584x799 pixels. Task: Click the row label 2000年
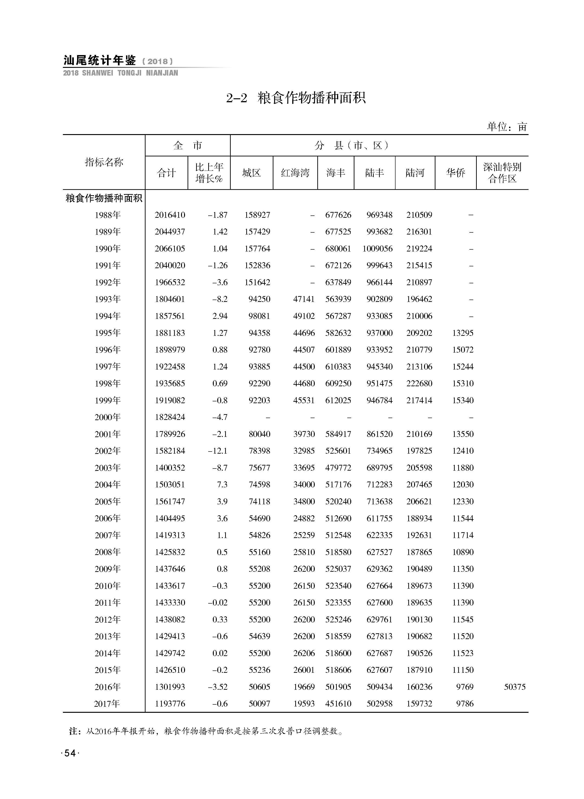click(107, 417)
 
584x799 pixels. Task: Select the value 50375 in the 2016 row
click(515, 687)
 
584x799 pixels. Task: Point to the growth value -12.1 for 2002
click(217, 451)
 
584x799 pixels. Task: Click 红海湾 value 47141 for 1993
click(304, 299)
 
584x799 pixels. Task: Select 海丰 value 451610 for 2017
click(338, 704)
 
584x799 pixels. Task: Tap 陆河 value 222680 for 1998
click(419, 383)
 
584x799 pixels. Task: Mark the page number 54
click(70, 753)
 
